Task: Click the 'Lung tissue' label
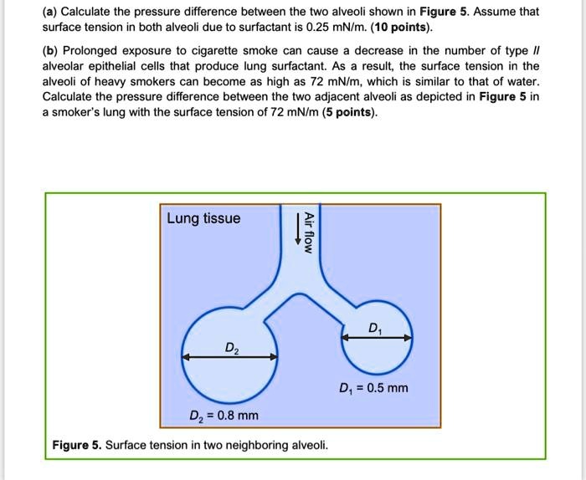pyautogui.click(x=203, y=219)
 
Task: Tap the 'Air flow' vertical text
pyautogui.click(x=309, y=231)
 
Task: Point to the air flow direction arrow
pyautogui.click(x=296, y=229)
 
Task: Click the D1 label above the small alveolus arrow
pyautogui.click(x=373, y=327)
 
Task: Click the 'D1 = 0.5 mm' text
pyautogui.click(x=373, y=388)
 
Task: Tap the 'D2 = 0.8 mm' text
pyautogui.click(x=224, y=416)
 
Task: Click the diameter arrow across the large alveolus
pyautogui.click(x=230, y=357)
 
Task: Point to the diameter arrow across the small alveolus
pyautogui.click(x=378, y=338)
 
